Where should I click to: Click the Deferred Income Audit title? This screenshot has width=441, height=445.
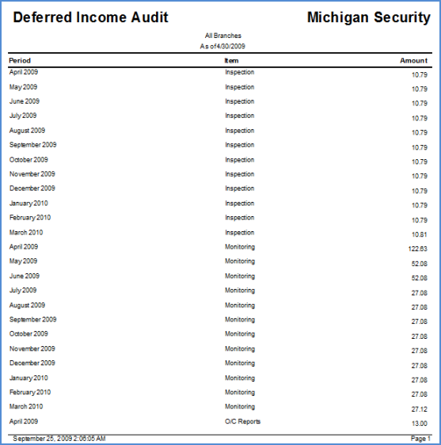click(x=90, y=17)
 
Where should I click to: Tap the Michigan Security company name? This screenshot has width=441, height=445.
click(x=369, y=18)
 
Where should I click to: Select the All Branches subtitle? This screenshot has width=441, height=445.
click(x=223, y=36)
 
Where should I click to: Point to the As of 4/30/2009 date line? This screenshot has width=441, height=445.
click(x=222, y=46)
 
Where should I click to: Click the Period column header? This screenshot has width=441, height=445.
click(x=20, y=60)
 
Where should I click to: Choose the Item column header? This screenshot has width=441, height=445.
click(x=231, y=60)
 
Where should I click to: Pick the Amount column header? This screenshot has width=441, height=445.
click(x=414, y=60)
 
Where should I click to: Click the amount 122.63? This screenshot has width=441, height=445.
click(x=418, y=249)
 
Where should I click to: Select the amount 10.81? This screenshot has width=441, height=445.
click(x=420, y=234)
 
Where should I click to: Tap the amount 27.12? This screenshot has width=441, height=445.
click(x=420, y=409)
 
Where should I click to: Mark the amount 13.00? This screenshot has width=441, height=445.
click(x=420, y=424)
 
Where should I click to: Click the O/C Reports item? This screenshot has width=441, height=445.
click(x=242, y=421)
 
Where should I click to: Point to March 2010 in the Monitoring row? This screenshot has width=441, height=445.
click(x=26, y=406)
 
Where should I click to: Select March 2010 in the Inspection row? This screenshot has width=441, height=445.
click(x=26, y=233)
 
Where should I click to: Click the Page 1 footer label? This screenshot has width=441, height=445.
click(x=420, y=439)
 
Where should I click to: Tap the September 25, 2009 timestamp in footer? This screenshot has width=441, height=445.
click(x=59, y=439)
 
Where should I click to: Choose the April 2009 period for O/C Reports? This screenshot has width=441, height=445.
click(x=24, y=421)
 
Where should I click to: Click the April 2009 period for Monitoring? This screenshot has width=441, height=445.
click(x=24, y=246)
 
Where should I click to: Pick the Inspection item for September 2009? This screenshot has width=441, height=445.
click(x=240, y=145)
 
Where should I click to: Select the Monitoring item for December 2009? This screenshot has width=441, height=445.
click(x=240, y=363)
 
